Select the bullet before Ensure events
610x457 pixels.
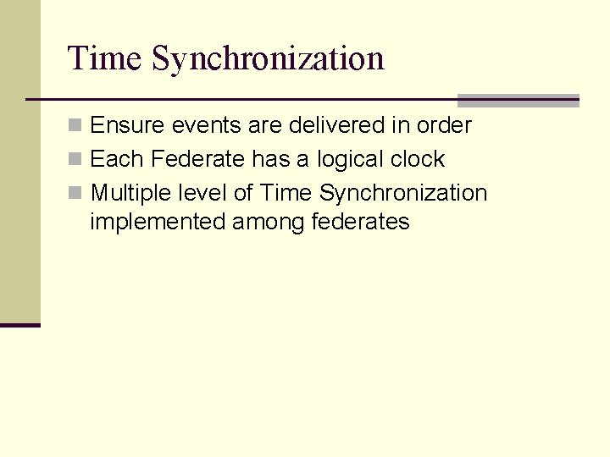(x=75, y=125)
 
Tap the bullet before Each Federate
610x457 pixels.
(x=75, y=159)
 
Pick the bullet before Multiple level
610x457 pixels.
(x=75, y=193)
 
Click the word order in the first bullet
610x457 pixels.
(x=444, y=125)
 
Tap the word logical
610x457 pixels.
(x=351, y=160)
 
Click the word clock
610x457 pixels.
(x=418, y=159)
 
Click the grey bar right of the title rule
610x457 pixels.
(x=518, y=100)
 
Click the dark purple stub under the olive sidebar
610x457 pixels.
(x=19, y=324)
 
